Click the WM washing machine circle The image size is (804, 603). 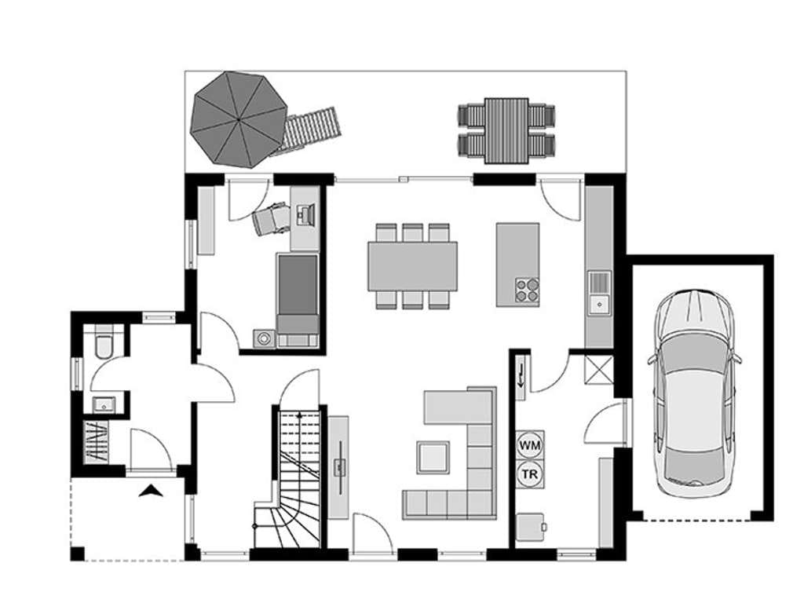click(x=530, y=445)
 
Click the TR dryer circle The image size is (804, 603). click(x=530, y=474)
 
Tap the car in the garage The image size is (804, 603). click(x=695, y=394)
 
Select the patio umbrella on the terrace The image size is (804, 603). click(x=239, y=119)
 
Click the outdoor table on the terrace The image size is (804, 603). click(x=506, y=131)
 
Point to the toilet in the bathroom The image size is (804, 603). click(x=104, y=342)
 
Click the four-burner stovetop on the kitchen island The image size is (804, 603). click(x=527, y=290)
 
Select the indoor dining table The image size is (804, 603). click(x=413, y=266)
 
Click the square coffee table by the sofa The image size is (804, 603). click(x=433, y=458)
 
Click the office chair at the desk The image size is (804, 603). click(x=270, y=219)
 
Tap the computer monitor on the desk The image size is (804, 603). click(x=306, y=214)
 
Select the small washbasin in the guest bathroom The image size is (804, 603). click(x=104, y=405)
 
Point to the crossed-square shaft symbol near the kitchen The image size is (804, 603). click(x=599, y=369)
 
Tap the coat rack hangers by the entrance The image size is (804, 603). click(x=97, y=443)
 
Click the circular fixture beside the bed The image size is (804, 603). click(x=264, y=338)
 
